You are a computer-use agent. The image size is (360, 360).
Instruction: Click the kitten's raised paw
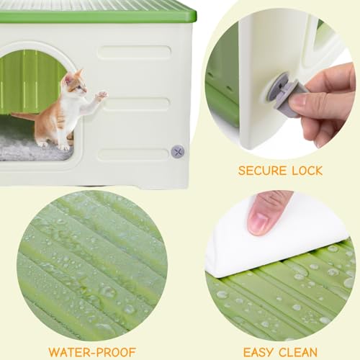tap(102, 94)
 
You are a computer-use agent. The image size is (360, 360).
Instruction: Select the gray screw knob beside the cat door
tap(178, 151)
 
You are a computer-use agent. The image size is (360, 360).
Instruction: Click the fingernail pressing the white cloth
tap(258, 222)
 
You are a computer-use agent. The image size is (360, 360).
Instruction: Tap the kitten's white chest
tap(72, 108)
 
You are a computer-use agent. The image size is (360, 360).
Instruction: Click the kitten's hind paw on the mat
tap(64, 145)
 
